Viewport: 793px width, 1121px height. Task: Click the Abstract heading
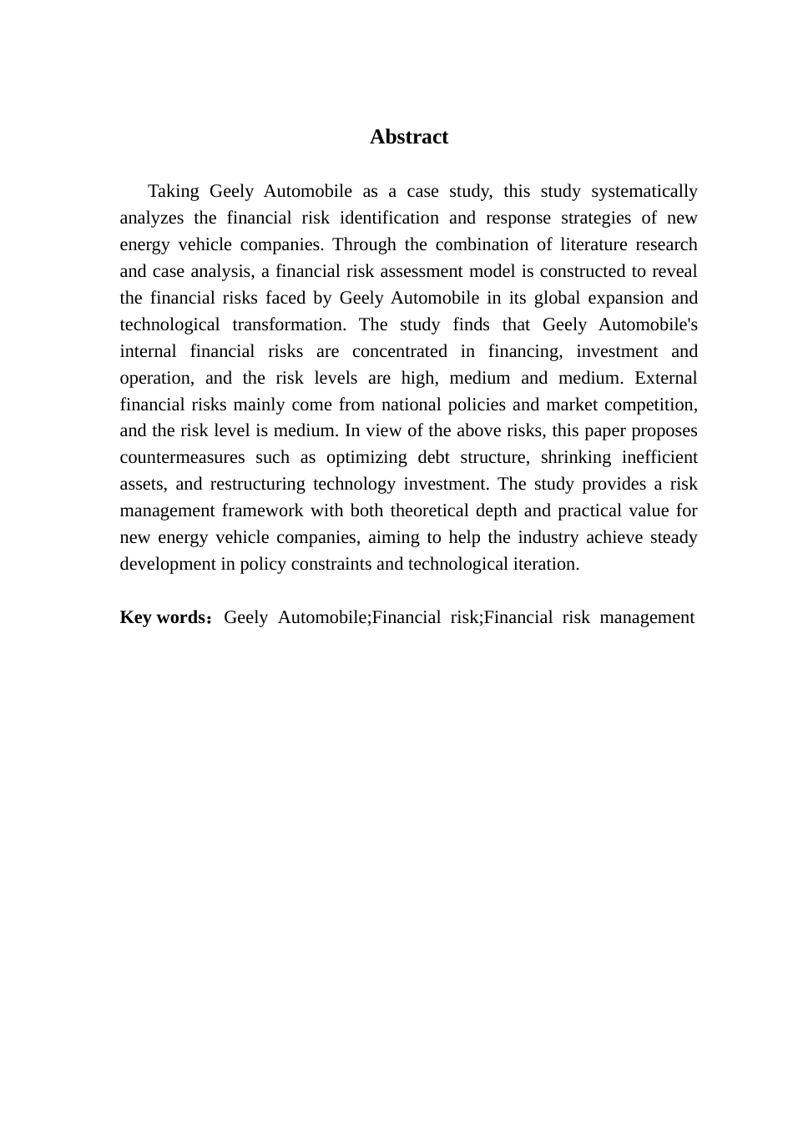[408, 137]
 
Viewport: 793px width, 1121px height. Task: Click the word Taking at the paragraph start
[174, 191]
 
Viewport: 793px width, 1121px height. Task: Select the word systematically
[644, 191]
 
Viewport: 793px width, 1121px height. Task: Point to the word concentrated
[400, 351]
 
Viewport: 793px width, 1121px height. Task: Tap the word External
[665, 378]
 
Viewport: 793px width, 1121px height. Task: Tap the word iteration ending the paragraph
[543, 564]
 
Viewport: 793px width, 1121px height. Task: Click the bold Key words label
[163, 617]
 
